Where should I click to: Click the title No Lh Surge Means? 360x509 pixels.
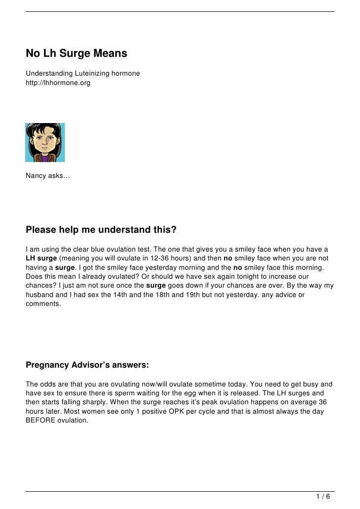pos(77,53)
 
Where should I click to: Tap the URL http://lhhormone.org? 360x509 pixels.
pos(58,83)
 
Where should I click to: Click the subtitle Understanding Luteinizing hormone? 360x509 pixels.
pos(83,74)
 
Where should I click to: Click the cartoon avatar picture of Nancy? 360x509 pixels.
pos(45,143)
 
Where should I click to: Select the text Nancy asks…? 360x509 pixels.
pos(47,176)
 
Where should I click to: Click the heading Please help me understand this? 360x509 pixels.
pos(101,230)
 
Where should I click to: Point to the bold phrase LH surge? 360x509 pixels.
pos(41,258)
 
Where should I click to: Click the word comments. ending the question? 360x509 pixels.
pos(43,304)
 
